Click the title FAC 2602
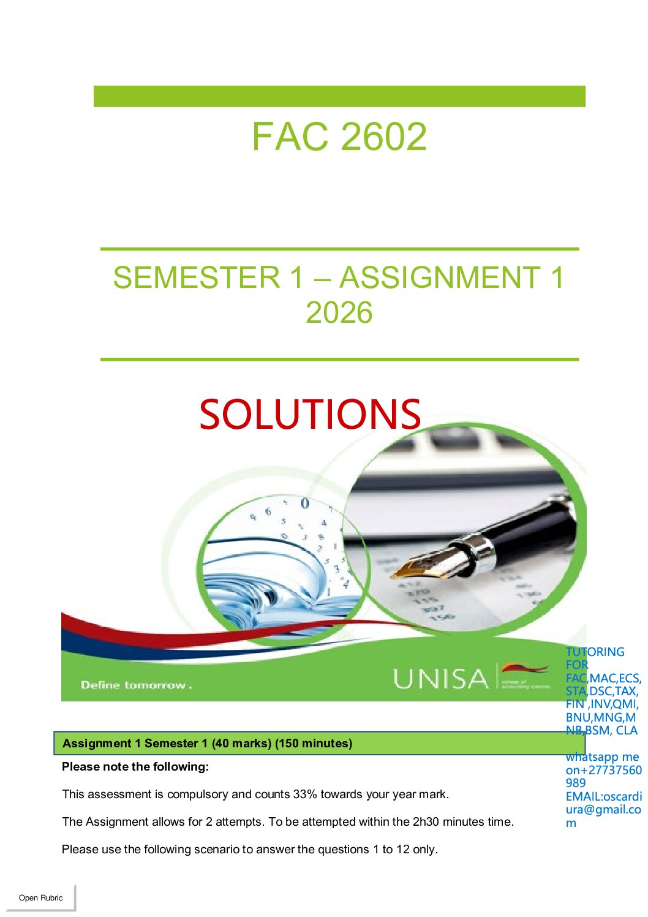click(339, 136)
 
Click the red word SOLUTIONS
click(310, 414)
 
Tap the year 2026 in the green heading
click(339, 312)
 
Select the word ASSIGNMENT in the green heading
click(440, 277)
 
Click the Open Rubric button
click(40, 898)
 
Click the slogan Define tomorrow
click(137, 685)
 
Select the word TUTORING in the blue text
click(595, 652)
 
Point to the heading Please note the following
click(135, 767)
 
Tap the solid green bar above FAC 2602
click(339, 96)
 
